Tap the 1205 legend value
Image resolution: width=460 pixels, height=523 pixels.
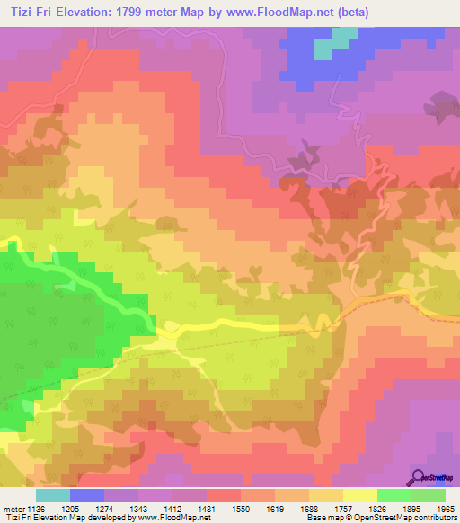(83, 509)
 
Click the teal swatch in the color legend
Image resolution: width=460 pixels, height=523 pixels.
(52, 495)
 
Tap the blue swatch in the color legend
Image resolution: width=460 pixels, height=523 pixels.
(87, 495)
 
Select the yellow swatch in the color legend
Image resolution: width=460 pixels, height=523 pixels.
(359, 495)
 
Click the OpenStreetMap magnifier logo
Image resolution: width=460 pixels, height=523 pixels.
(417, 478)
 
